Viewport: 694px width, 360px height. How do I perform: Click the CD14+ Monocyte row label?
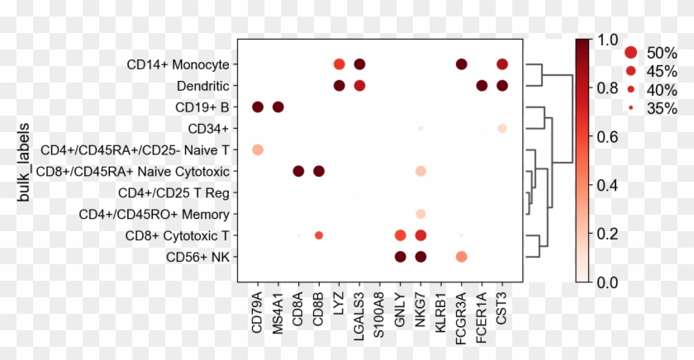pyautogui.click(x=178, y=64)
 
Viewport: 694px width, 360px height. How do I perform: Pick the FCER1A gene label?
pyautogui.click(x=482, y=313)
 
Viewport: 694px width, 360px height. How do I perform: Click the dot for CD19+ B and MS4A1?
pyautogui.click(x=278, y=107)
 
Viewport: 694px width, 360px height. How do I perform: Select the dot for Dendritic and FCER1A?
pyautogui.click(x=482, y=85)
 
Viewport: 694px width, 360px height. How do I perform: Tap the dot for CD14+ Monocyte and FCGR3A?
pyautogui.click(x=461, y=64)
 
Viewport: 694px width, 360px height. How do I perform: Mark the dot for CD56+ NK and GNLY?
pyautogui.click(x=400, y=257)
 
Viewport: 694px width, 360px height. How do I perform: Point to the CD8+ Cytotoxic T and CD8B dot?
pyautogui.click(x=319, y=235)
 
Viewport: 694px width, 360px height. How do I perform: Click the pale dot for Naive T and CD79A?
pyautogui.click(x=257, y=149)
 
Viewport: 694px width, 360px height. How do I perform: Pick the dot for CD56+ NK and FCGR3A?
pyautogui.click(x=461, y=258)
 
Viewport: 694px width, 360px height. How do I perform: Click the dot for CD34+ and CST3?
pyautogui.click(x=502, y=128)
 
